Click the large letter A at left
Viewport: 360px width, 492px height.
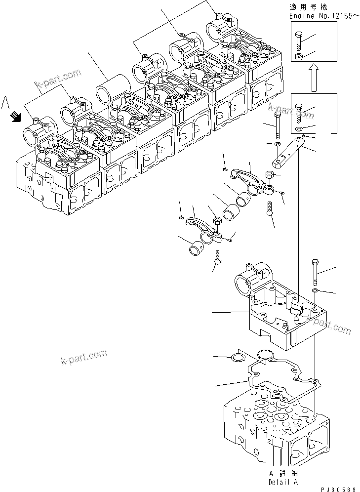coord(6,102)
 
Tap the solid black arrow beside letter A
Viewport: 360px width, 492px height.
coord(15,116)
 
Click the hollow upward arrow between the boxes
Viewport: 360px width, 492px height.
coord(313,79)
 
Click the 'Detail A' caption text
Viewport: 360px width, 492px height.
coord(283,482)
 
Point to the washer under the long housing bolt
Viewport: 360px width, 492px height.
coord(315,290)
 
